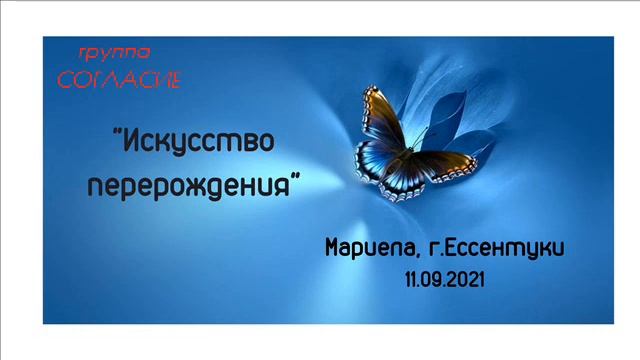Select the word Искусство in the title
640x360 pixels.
tap(196, 140)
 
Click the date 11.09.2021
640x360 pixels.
tap(445, 281)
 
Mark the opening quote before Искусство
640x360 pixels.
tap(113, 133)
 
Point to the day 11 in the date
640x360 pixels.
tap(411, 281)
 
